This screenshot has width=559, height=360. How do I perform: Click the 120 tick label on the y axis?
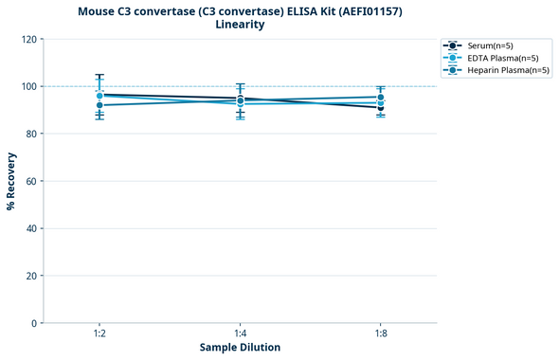pos(27,39)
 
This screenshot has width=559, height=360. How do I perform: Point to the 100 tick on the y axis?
pos(27,86)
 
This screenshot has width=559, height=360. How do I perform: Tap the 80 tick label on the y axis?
pos(30,134)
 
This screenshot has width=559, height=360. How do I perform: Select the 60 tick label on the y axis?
pos(30,181)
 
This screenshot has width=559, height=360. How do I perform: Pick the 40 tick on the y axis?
pos(30,228)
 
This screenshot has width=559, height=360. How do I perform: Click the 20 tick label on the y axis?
pos(30,276)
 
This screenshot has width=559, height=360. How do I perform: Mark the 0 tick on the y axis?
pos(33,323)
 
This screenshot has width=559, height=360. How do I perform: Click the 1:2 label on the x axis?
pos(99,334)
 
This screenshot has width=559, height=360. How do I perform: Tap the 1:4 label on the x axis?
pos(240,334)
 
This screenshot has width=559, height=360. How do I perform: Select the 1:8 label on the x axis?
pos(380,334)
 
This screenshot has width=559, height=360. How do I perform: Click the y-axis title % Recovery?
pos(11,181)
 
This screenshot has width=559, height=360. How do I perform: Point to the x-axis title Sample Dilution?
pos(240,348)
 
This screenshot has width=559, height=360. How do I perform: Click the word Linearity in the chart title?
pos(240,25)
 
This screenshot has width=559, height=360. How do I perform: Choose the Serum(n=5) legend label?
pos(491,45)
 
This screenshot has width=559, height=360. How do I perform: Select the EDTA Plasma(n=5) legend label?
pos(503,58)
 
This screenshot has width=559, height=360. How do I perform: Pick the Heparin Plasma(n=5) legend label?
pos(509,70)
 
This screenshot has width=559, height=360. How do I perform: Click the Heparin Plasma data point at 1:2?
pos(99,105)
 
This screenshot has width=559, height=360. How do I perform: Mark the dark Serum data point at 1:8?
pos(380,107)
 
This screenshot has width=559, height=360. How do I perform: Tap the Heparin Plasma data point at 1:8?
pos(380,98)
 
